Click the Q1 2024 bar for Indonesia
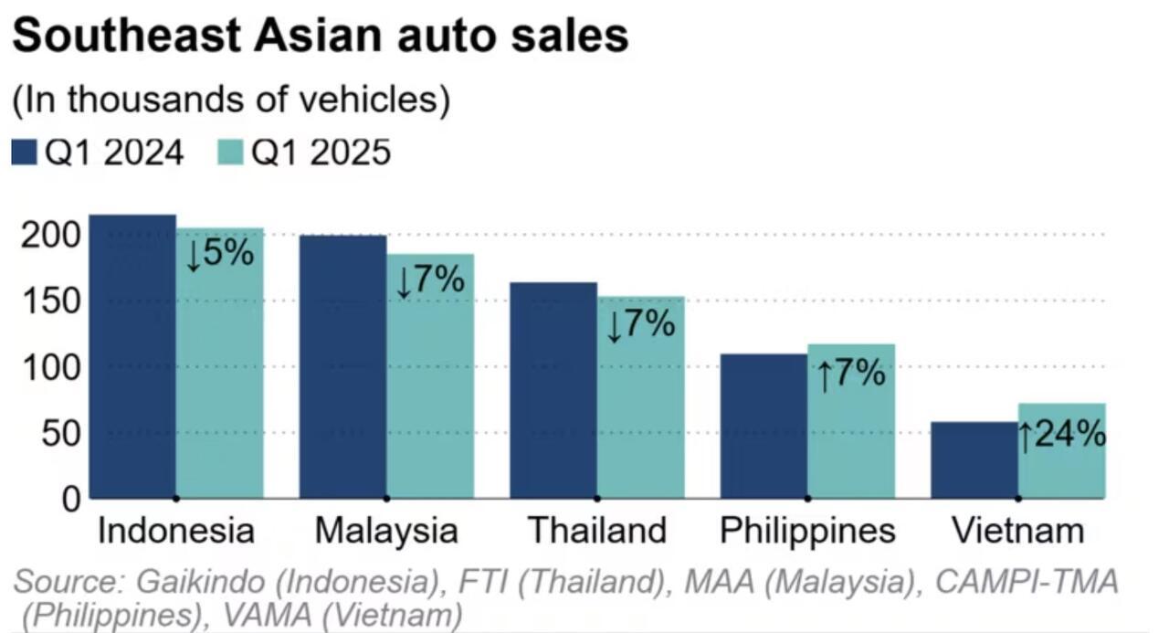click(x=132, y=356)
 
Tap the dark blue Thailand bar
click(x=553, y=390)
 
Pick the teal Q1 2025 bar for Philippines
click(x=851, y=421)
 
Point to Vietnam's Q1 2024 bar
click(x=974, y=459)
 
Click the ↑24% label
click(x=1062, y=436)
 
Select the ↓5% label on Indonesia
click(x=219, y=253)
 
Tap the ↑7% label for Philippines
click(x=851, y=374)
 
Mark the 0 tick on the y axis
click(x=71, y=499)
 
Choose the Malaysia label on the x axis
click(x=385, y=531)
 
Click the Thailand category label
click(x=597, y=531)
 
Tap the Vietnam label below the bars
click(x=1017, y=531)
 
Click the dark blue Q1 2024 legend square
click(x=24, y=153)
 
